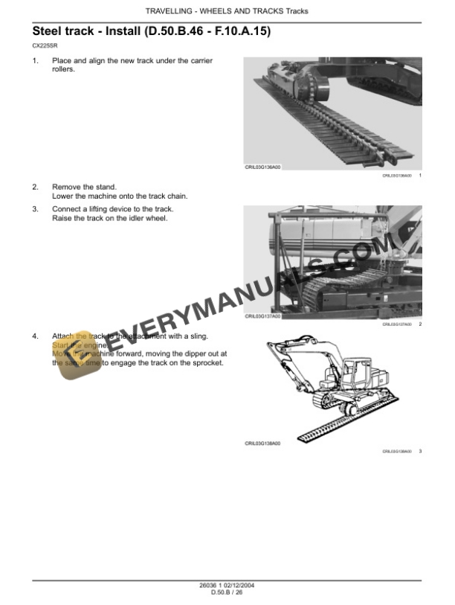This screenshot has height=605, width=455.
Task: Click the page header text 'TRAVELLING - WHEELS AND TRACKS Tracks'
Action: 227,11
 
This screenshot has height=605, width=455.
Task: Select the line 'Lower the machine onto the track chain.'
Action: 120,196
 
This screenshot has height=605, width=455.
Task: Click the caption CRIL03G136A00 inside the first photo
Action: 263,167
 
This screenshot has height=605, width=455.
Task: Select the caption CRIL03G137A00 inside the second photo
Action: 263,316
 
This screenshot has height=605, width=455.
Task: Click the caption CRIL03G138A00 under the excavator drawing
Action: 263,443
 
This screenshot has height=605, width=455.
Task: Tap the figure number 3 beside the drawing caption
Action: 420,451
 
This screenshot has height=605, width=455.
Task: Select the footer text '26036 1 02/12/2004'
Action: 227,586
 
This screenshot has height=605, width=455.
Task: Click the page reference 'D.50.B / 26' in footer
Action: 227,593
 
